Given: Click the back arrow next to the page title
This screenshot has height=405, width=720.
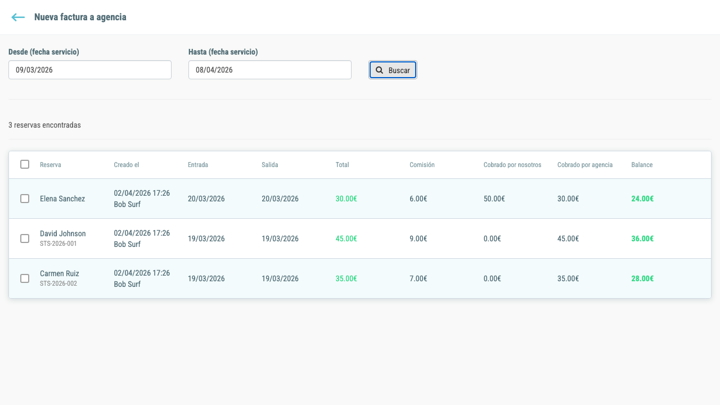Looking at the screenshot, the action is click(x=18, y=17).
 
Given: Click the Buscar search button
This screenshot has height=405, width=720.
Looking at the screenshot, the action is click(x=393, y=70).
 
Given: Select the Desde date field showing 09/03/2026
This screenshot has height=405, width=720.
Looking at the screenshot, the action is click(x=90, y=70).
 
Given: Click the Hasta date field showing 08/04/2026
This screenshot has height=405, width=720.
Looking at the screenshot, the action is click(x=270, y=70).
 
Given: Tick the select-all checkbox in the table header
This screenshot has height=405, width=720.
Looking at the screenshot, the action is click(x=25, y=164).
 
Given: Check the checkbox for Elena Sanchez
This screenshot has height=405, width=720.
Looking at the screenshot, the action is click(x=25, y=199).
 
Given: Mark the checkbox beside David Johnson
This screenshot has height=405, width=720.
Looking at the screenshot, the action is click(x=25, y=238).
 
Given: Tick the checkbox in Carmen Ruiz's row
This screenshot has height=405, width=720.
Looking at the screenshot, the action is click(x=25, y=278).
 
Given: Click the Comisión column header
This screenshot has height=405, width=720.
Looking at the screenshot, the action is click(x=422, y=165).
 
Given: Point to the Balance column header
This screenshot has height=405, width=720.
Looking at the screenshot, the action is click(x=642, y=165).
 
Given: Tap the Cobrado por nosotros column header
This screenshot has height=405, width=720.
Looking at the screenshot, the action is click(x=512, y=165).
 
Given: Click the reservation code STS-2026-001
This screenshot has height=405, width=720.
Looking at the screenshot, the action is click(x=58, y=244).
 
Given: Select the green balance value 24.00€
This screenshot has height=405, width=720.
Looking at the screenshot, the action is click(x=642, y=199).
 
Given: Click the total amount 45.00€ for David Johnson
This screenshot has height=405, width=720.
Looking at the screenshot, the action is click(x=346, y=238).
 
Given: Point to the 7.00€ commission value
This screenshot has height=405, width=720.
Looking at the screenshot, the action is click(x=418, y=278).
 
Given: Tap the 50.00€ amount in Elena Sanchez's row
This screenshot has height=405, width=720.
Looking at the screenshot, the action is click(x=494, y=199).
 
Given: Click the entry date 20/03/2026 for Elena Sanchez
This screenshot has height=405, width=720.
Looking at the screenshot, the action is click(x=206, y=199).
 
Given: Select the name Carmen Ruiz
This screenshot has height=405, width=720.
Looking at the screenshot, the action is click(x=60, y=273).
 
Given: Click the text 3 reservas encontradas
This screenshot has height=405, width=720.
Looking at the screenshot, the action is click(x=44, y=125).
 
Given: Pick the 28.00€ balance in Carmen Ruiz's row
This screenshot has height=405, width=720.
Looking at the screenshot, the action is click(x=642, y=278).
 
